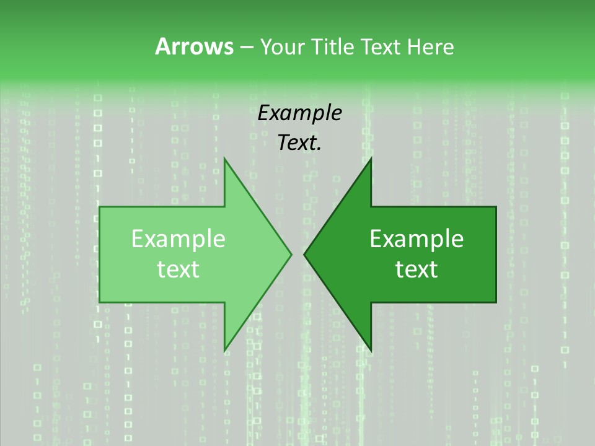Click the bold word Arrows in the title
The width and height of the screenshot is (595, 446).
[x=193, y=46]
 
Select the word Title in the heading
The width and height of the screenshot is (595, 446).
[x=337, y=46]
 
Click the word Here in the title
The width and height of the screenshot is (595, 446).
[x=431, y=46]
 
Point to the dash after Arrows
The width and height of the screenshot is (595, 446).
[x=246, y=48]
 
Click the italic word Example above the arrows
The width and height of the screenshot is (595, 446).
[x=299, y=113]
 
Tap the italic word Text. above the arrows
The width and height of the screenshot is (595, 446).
[x=299, y=143]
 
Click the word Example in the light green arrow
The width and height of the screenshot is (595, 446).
[x=178, y=239]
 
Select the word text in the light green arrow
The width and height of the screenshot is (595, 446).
[x=178, y=269]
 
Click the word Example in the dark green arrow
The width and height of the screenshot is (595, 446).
[x=416, y=239]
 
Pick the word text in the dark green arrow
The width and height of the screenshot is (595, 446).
[x=416, y=269]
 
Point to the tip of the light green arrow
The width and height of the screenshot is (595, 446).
[x=291, y=253]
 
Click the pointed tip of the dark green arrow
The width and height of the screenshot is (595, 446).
[x=304, y=253]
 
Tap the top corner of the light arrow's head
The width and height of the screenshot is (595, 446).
[x=224, y=159]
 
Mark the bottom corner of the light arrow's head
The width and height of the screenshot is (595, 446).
[x=224, y=351]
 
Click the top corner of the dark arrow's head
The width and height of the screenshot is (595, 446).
[x=371, y=159]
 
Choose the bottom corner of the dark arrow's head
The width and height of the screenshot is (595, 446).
[x=371, y=351]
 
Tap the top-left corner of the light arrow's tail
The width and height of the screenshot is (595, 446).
[x=100, y=207]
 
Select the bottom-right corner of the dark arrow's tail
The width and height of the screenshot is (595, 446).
[x=496, y=302]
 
